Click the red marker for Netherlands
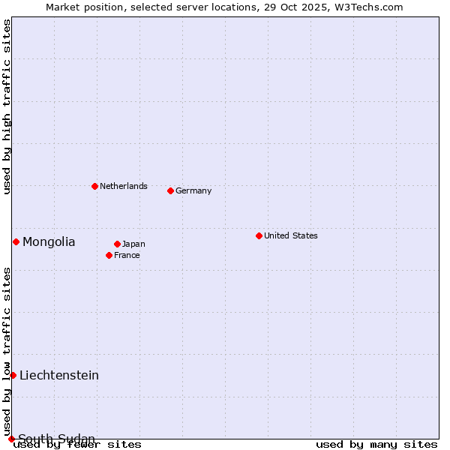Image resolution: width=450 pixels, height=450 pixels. point(94,186)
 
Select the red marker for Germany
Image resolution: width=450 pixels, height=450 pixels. point(170,190)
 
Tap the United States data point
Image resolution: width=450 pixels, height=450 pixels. point(259,235)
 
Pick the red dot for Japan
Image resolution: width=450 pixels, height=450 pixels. point(117,244)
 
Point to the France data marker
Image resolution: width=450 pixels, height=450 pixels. point(109,255)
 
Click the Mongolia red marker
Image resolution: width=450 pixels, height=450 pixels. point(16,241)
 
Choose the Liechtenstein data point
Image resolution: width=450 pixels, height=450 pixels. point(13,375)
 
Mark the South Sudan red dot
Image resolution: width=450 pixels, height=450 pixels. point(11,439)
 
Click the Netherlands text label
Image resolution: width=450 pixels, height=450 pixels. point(124,186)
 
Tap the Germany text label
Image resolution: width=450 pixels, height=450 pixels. point(193,190)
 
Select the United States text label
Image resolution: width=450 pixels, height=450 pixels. point(291,235)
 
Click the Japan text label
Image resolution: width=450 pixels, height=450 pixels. point(133,244)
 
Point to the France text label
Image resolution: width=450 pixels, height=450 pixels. point(127,255)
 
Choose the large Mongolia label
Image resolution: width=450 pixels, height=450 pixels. point(49,241)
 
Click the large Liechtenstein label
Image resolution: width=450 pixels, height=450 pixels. point(59,375)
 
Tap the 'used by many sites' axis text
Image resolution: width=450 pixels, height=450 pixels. point(376,444)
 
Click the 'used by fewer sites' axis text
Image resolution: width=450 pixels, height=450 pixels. point(78,444)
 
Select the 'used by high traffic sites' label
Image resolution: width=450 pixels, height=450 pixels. point(7,106)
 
